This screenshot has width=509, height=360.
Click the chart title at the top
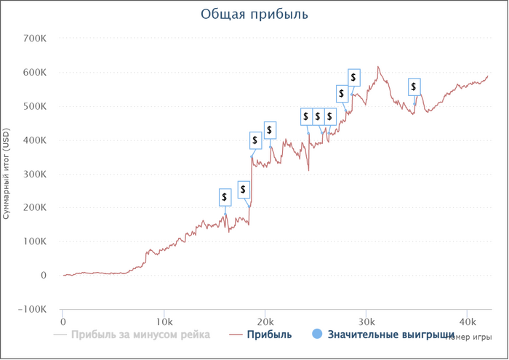(x=254, y=14)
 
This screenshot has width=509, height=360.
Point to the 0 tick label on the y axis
(x=44, y=276)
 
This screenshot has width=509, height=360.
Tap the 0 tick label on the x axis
(x=63, y=320)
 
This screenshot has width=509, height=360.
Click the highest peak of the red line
(x=378, y=66)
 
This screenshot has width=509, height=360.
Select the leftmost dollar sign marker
(x=225, y=196)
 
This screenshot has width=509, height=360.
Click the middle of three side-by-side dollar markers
(x=318, y=117)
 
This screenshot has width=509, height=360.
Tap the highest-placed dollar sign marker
(x=354, y=76)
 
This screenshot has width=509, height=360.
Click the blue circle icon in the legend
(x=316, y=335)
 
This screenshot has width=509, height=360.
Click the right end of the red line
(x=489, y=76)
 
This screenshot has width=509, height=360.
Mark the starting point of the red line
(x=64, y=275)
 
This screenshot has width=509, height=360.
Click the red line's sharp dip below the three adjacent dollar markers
(x=309, y=170)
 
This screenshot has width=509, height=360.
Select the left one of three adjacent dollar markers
(x=306, y=117)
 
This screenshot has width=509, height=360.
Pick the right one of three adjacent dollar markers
(x=330, y=117)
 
